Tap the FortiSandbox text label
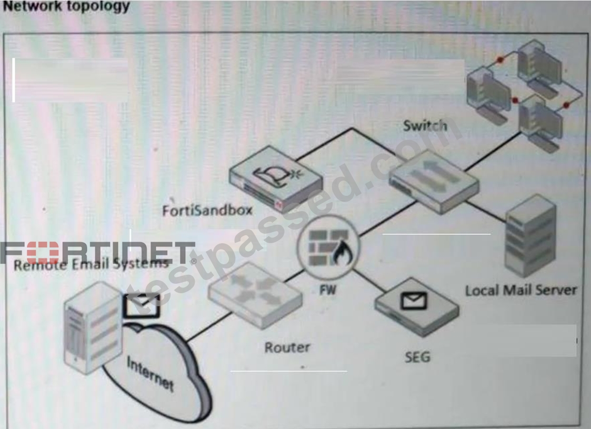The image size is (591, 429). tap(207, 211)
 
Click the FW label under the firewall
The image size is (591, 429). tap(327, 290)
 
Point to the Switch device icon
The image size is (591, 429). tap(434, 182)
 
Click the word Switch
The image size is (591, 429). tap(425, 125)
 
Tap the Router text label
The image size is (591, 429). tap(287, 347)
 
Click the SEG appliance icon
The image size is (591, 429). tap(417, 307)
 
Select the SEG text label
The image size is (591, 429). tap(417, 356)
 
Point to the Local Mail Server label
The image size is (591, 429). tap(521, 290)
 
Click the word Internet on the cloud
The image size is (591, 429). tap(150, 374)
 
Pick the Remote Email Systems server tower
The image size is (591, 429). tap(93, 328)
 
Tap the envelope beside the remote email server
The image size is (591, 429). tap(142, 305)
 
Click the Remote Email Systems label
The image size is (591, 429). tap(91, 264)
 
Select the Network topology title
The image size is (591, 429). tap(66, 6)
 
